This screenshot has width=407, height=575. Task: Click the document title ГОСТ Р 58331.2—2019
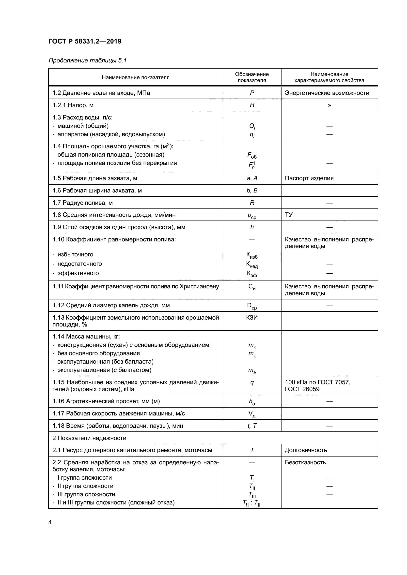(x=85, y=41)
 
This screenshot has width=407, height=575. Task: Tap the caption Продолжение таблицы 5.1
(x=87, y=60)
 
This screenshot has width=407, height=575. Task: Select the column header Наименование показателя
(x=136, y=77)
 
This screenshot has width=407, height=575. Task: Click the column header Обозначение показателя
(x=252, y=77)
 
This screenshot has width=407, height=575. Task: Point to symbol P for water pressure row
(x=252, y=93)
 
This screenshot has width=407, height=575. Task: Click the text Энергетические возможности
(x=327, y=93)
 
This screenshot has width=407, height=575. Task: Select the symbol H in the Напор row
(x=252, y=105)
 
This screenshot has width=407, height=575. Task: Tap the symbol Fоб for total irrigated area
(x=252, y=155)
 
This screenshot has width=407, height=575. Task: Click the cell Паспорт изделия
(x=309, y=178)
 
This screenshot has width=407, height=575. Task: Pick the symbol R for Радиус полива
(x=252, y=203)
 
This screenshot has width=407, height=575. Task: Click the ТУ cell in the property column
(x=289, y=215)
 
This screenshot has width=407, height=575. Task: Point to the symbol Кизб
(x=252, y=255)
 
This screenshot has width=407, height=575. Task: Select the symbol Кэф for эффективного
(x=252, y=274)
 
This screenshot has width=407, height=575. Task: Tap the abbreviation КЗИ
(x=252, y=318)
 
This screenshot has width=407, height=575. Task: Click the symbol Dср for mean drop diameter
(x=252, y=306)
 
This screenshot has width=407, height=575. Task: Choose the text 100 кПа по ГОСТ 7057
(x=317, y=382)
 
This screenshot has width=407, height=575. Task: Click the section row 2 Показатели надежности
(x=89, y=438)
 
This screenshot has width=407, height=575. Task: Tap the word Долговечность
(x=306, y=450)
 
